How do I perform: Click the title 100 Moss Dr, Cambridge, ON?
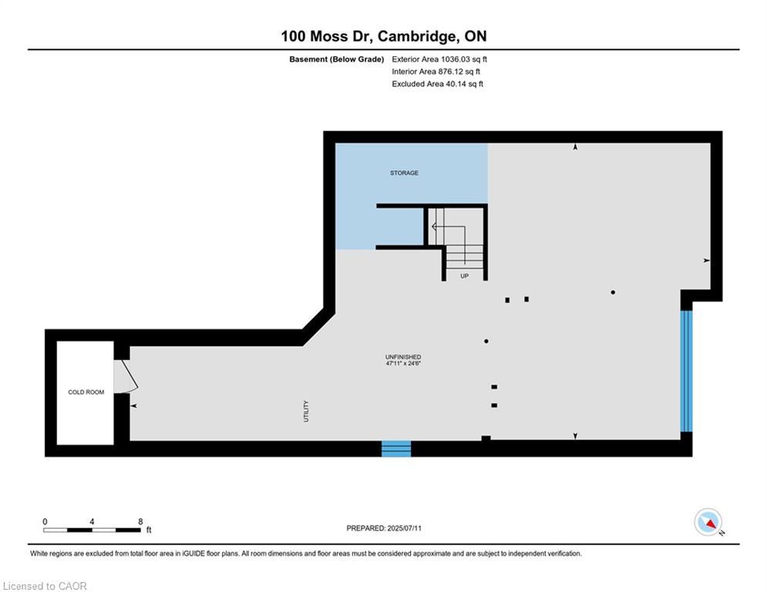383,36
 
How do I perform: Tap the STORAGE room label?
404,173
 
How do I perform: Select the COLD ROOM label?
86,392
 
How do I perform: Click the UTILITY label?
306,410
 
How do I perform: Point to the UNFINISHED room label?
403,357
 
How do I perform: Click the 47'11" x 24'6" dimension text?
403,364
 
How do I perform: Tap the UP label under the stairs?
464,275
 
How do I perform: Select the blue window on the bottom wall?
396,449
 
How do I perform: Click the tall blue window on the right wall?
686,371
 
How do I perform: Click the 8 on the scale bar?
140,522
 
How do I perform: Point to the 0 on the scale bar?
45,522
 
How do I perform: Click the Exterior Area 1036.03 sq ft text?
439,59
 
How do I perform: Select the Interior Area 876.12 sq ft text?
437,72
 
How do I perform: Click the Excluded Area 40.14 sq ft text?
437,84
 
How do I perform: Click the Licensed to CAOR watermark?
45,586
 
